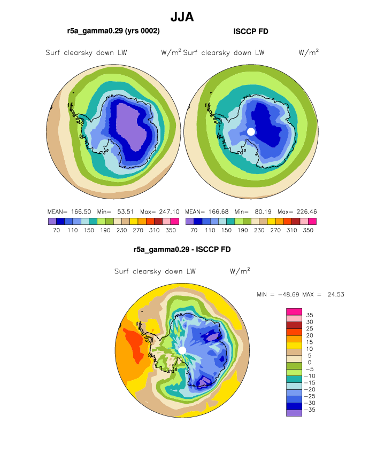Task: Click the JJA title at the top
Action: point(182,17)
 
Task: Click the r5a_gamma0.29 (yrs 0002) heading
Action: point(113,31)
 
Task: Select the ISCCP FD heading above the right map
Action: point(251,32)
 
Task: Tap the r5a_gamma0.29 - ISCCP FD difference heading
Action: point(182,249)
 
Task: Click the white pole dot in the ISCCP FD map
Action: point(251,131)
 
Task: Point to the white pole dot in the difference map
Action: point(182,350)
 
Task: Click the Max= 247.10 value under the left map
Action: point(160,212)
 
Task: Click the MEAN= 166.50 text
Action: point(69,212)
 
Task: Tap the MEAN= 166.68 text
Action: point(206,212)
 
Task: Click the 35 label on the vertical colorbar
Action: point(310,315)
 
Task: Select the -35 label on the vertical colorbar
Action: point(310,410)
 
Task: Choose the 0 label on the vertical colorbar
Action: point(310,363)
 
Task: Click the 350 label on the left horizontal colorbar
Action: point(171,230)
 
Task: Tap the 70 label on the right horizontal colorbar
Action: point(194,230)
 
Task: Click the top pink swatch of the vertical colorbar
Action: point(294,311)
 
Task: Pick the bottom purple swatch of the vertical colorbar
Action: point(294,413)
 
